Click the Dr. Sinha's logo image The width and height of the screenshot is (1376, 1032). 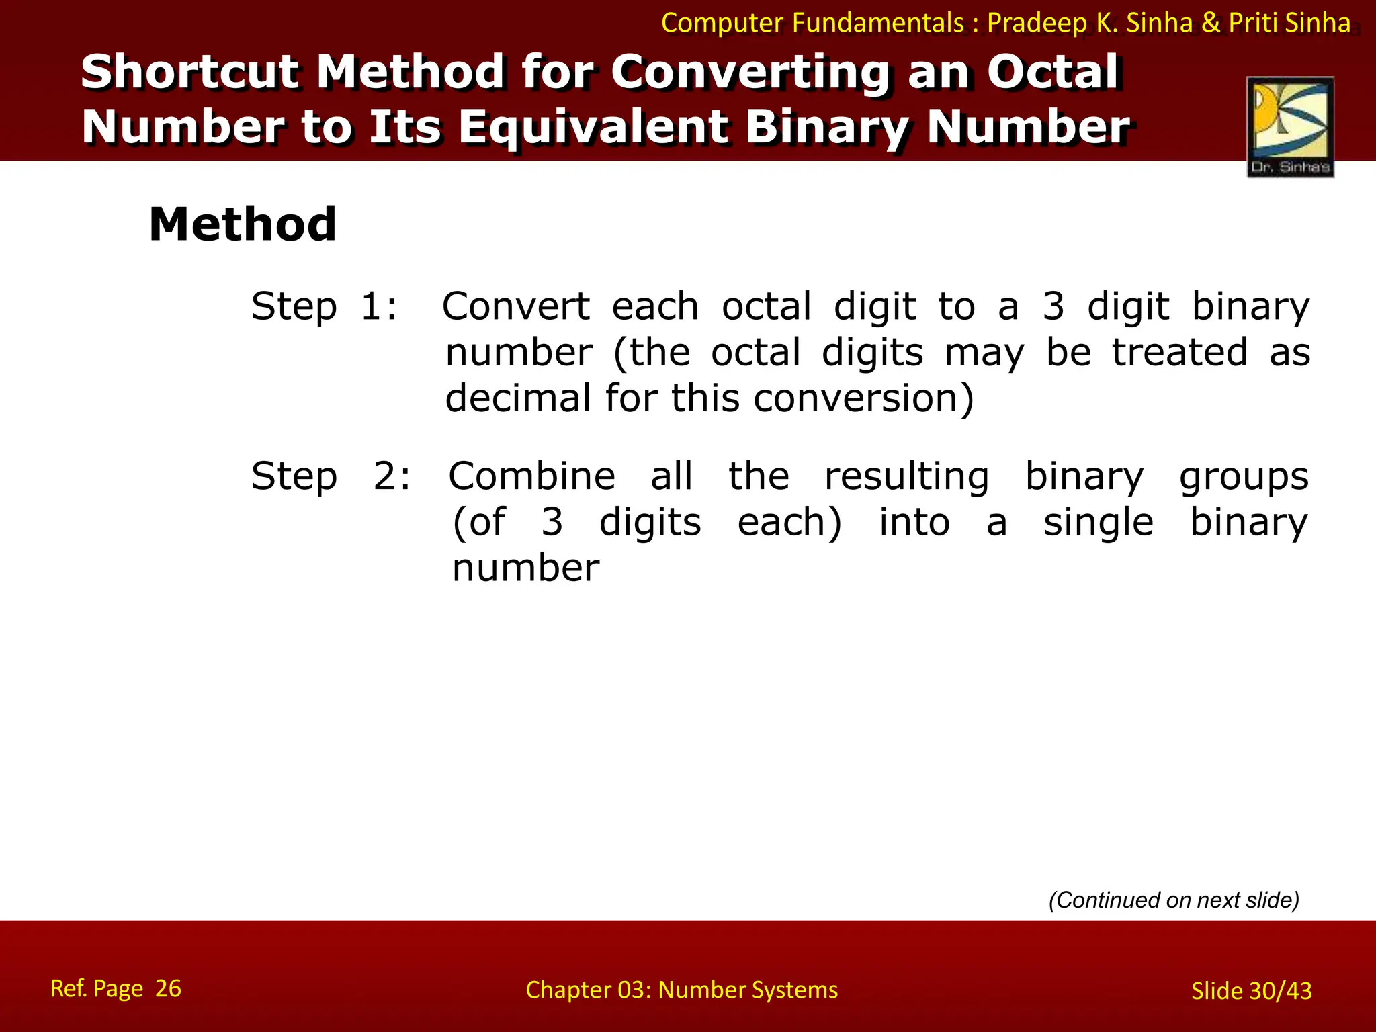pyautogui.click(x=1290, y=126)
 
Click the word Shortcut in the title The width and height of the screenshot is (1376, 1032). pyautogui.click(x=190, y=72)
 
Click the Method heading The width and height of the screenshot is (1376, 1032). pyautogui.click(x=243, y=224)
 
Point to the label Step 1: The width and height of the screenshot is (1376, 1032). pyautogui.click(x=325, y=307)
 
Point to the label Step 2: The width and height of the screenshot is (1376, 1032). pyautogui.click(x=331, y=476)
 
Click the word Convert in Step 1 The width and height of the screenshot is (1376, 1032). pyautogui.click(x=515, y=307)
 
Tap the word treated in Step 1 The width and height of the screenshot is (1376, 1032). pyautogui.click(x=1180, y=352)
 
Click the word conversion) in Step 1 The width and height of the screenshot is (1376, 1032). pyautogui.click(x=863, y=398)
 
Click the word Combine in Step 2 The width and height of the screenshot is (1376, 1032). pyautogui.click(x=531, y=476)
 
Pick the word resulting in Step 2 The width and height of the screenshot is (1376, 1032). pyautogui.click(x=906, y=476)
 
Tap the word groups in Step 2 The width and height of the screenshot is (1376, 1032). pyautogui.click(x=1244, y=476)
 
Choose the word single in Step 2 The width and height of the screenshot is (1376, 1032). pyautogui.click(x=1098, y=522)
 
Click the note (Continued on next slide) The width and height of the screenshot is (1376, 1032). pyautogui.click(x=1174, y=900)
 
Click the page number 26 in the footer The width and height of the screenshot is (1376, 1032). pyautogui.click(x=168, y=988)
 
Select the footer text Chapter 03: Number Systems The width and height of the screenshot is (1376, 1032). pyautogui.click(x=681, y=990)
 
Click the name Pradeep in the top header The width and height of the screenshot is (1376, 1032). pyautogui.click(x=1037, y=24)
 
